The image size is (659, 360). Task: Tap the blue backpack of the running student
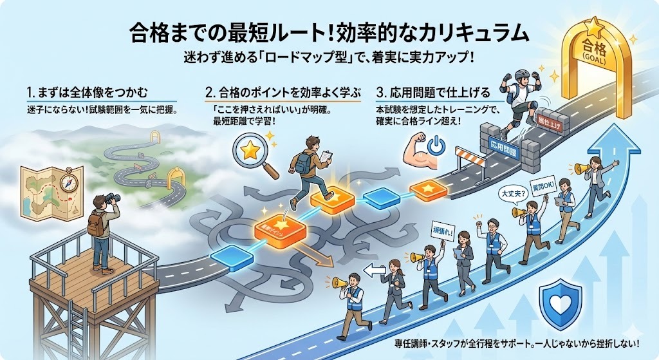click(x=303, y=162)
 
